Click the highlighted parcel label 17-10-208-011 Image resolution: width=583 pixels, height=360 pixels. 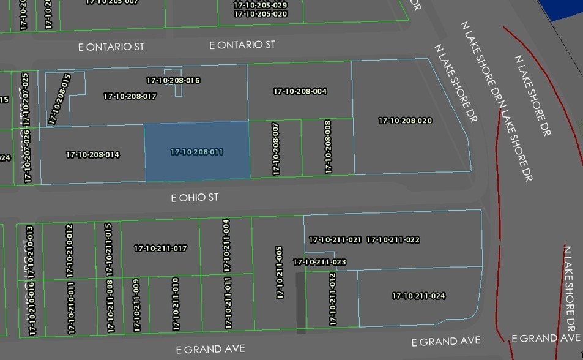coord(196,152)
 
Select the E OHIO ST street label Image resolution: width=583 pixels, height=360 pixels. coord(195,198)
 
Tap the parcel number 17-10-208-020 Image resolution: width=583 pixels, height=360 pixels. coord(405,121)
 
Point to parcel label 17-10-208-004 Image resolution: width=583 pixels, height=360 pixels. coord(300,92)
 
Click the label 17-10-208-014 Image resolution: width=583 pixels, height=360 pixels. coord(92,155)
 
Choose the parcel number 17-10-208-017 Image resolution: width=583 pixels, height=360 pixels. coord(130,96)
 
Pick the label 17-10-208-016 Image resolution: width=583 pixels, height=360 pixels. coord(173,80)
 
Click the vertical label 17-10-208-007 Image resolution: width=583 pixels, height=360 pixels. coord(276,149)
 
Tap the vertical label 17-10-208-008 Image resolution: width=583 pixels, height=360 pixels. coord(329,147)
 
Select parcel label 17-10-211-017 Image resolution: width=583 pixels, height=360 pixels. coord(160,249)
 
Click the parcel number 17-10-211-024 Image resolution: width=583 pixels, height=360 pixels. coord(418,296)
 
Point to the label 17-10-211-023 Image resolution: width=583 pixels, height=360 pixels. coord(319,262)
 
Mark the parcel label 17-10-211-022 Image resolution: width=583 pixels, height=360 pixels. coord(393,240)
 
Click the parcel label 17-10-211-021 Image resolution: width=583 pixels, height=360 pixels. coord(335,240)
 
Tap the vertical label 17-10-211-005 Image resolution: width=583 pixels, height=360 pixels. coord(280,273)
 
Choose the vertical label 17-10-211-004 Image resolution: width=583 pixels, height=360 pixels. coord(226,246)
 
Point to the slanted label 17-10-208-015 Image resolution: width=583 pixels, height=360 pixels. coord(59,99)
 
